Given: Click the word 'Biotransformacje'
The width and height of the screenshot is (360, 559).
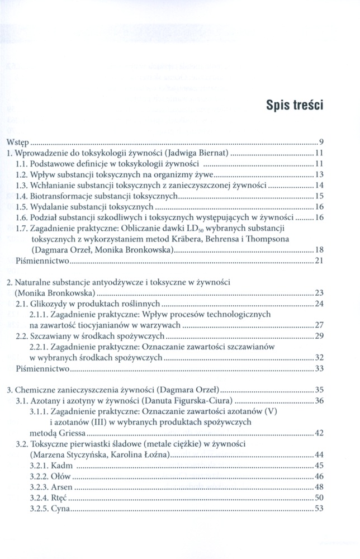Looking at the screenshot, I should [64, 196].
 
